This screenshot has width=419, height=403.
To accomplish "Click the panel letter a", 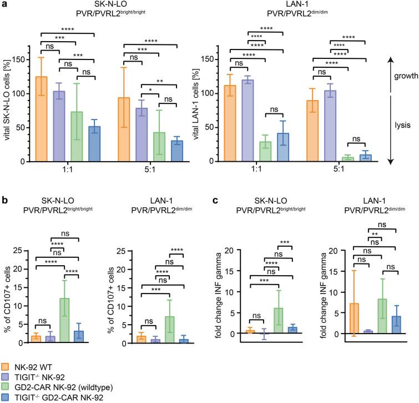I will (x=4, y=4).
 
